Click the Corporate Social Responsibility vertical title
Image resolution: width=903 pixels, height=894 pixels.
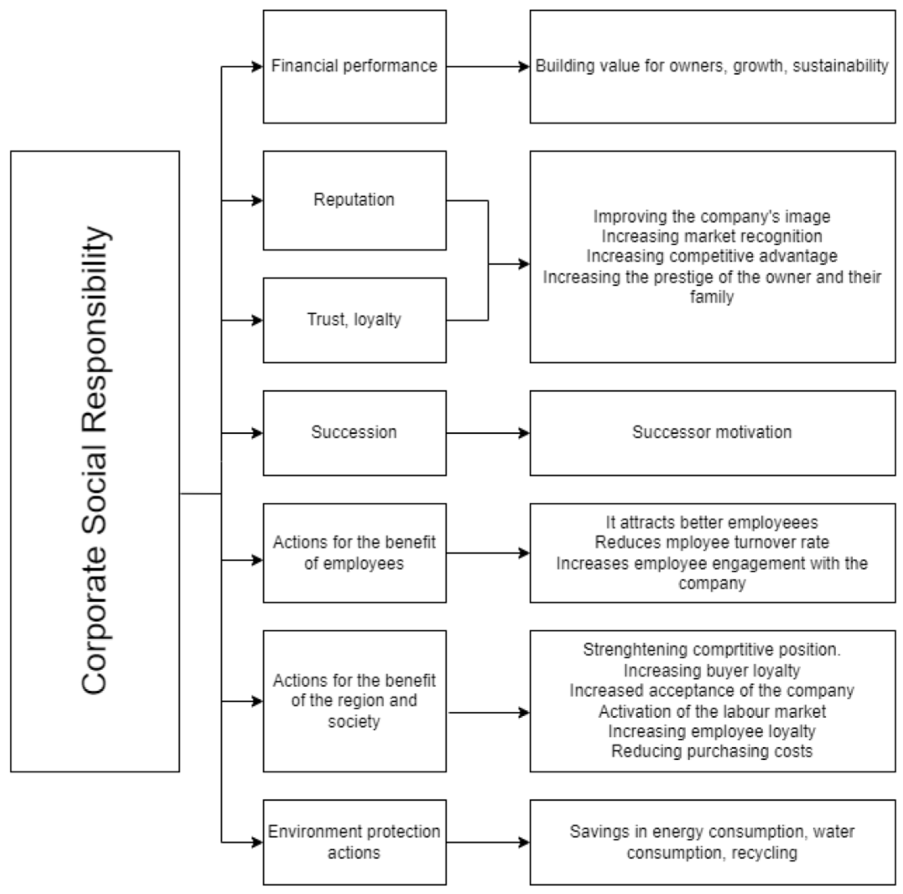point(95,461)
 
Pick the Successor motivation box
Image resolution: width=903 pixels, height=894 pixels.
point(712,432)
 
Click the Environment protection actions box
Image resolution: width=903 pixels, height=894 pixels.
point(354,842)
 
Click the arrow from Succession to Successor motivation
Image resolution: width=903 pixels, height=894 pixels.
point(486,433)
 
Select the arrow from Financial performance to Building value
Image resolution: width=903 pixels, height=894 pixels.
point(486,66)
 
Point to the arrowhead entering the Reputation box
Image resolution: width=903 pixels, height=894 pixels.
point(257,201)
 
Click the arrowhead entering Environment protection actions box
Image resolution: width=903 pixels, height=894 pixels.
point(257,843)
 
